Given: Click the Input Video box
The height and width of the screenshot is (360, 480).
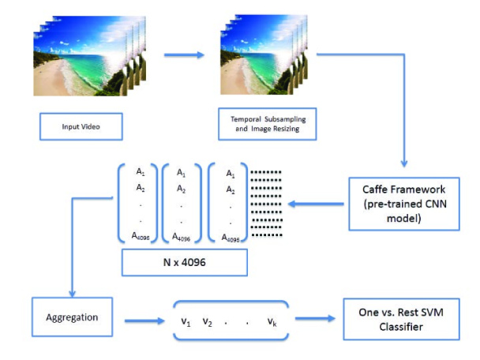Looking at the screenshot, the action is click(x=81, y=126).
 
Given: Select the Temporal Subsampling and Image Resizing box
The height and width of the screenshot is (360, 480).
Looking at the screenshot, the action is click(x=268, y=124).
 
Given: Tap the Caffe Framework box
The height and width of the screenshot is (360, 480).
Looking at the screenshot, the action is click(x=404, y=204).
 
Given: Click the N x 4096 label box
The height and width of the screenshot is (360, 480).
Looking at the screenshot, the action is click(x=185, y=262).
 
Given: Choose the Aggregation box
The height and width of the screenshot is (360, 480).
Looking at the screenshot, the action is click(x=73, y=317).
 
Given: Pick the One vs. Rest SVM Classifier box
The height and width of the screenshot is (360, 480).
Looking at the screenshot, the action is click(x=401, y=319).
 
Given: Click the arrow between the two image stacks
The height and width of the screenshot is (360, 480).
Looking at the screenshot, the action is click(x=184, y=55).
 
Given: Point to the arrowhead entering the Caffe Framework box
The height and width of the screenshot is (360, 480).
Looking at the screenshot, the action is click(x=404, y=163).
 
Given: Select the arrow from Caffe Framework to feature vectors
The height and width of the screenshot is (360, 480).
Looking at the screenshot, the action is click(x=316, y=204).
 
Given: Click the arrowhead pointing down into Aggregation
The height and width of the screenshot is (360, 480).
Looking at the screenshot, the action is click(x=73, y=293).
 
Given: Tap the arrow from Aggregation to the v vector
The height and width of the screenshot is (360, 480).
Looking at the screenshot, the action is click(x=144, y=321).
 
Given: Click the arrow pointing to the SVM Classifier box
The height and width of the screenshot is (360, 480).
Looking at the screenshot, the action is click(x=315, y=318).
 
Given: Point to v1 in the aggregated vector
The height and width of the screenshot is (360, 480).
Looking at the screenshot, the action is click(x=186, y=322).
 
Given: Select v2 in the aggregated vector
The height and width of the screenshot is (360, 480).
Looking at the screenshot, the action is click(x=208, y=322).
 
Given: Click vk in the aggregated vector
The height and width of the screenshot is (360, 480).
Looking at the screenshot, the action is click(x=272, y=322).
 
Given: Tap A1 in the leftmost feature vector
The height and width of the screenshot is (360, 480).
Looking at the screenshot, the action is click(x=141, y=172).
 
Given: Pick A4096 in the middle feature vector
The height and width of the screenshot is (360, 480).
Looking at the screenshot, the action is click(x=182, y=237).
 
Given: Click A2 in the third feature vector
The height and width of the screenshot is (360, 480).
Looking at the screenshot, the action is click(x=231, y=190).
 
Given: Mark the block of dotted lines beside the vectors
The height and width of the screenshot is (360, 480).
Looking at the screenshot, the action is click(x=266, y=204).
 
